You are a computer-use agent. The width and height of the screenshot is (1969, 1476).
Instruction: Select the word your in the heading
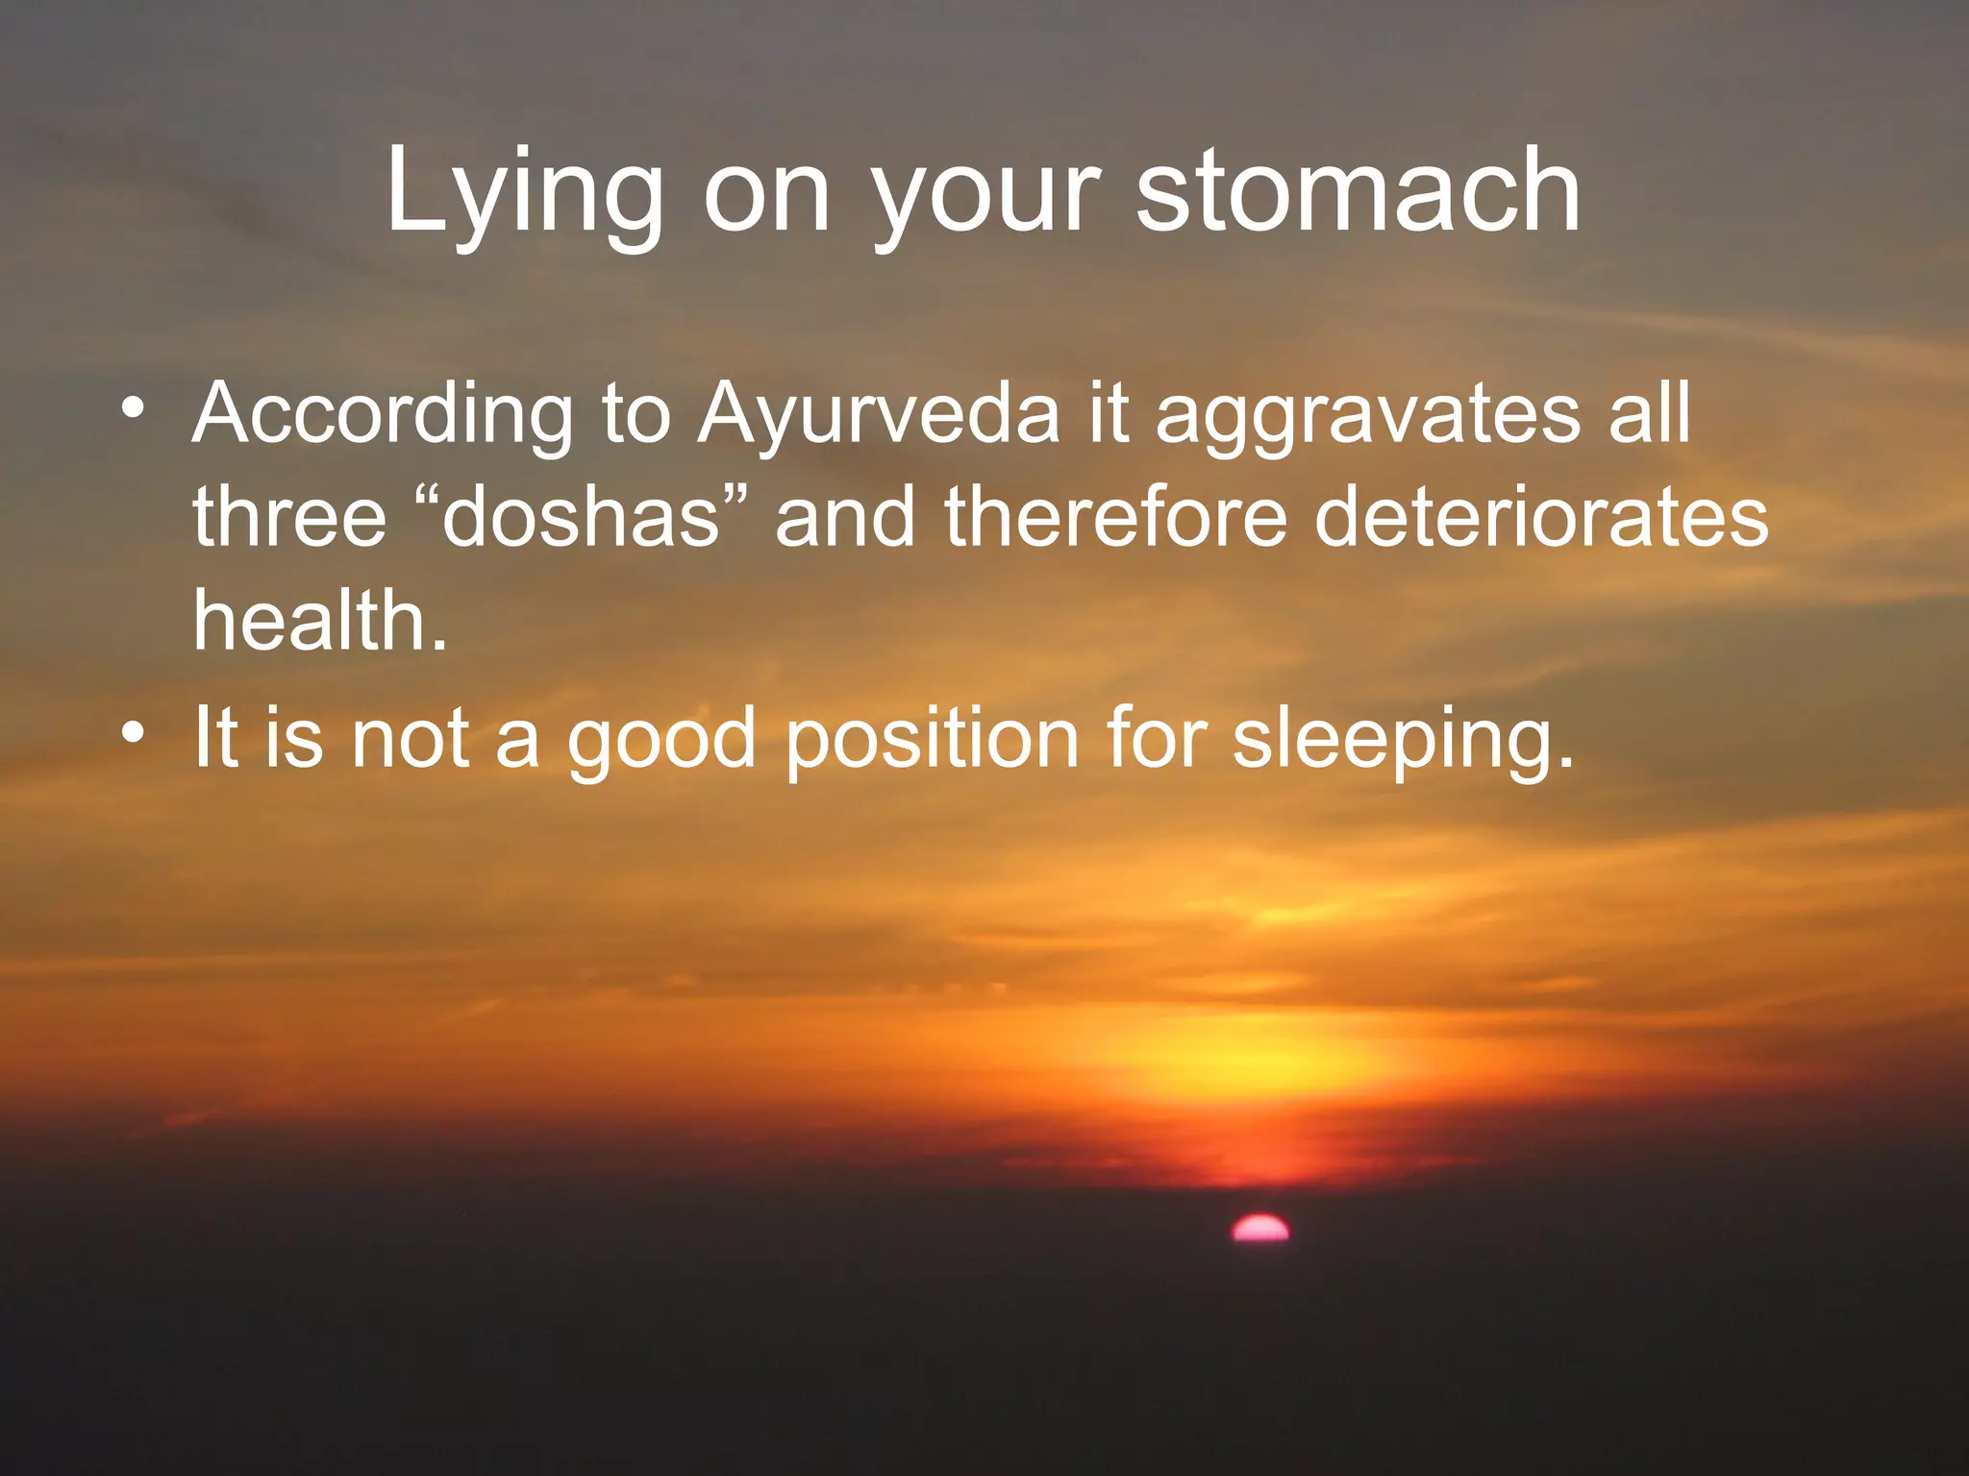click(985, 197)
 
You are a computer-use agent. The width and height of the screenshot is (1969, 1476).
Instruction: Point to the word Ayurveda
click(878, 415)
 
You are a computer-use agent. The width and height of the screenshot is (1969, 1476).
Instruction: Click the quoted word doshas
click(581, 517)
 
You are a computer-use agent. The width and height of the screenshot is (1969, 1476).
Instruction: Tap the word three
click(289, 517)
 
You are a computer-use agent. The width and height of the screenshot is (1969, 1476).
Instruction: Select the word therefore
click(1115, 517)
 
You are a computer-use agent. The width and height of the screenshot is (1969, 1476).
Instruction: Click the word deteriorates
click(1540, 517)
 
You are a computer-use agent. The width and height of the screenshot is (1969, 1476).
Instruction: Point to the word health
click(319, 621)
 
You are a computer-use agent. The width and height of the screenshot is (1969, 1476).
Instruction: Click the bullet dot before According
click(134, 409)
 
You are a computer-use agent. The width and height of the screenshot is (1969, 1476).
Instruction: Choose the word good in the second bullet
click(661, 740)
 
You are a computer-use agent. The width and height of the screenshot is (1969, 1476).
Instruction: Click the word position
click(932, 740)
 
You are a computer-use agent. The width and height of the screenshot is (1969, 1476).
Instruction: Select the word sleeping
click(1403, 740)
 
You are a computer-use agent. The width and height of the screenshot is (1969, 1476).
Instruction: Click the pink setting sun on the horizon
click(1260, 1228)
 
